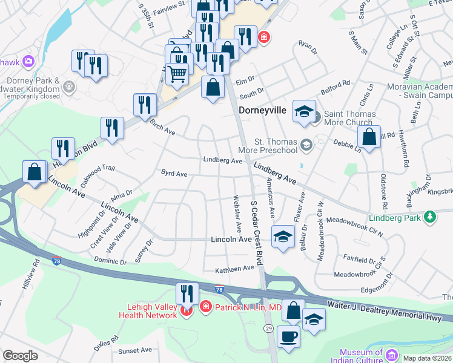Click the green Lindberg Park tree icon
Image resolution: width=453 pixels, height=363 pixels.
point(430,217)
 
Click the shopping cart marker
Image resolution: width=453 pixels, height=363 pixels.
point(177,74)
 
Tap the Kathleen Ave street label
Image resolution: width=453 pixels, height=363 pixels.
point(235,269)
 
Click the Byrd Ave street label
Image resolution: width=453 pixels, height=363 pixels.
point(174,174)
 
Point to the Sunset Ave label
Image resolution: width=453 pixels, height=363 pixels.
point(135,350)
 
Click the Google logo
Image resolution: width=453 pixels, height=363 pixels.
point(20,356)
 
